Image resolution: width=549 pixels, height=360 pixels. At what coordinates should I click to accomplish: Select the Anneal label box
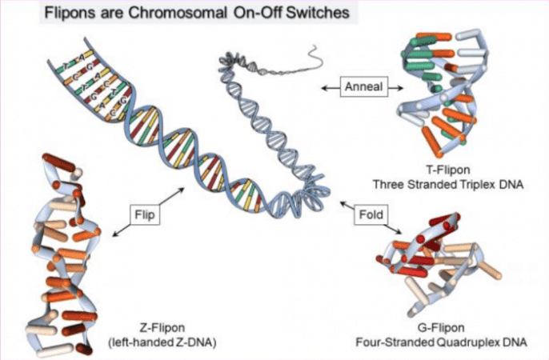364,86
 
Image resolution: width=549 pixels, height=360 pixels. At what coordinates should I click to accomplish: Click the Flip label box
145,214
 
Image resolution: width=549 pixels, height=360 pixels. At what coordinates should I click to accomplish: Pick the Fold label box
371,214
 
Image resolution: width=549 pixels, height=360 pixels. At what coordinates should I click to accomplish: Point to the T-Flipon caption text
448,170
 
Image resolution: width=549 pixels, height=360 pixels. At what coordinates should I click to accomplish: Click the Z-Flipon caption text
162,328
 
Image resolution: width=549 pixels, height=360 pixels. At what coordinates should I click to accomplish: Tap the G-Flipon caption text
441,328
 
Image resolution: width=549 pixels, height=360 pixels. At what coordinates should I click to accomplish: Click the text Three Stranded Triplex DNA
448,184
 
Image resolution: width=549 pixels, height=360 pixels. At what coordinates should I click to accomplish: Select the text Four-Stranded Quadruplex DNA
441,342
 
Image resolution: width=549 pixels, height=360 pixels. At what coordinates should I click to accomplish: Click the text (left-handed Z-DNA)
162,342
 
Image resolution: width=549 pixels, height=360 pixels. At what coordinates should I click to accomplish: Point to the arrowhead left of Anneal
325,88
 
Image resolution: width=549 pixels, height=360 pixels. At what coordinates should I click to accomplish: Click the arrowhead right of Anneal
400,88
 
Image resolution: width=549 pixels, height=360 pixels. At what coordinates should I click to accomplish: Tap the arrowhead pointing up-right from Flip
181,190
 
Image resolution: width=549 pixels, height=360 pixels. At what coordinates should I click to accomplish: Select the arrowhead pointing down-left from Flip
116,234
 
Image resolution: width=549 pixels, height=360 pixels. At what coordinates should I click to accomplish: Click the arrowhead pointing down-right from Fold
398,231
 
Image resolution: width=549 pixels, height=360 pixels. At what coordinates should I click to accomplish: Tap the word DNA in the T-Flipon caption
511,184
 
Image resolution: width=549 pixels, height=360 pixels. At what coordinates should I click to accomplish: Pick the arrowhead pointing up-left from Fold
344,203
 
